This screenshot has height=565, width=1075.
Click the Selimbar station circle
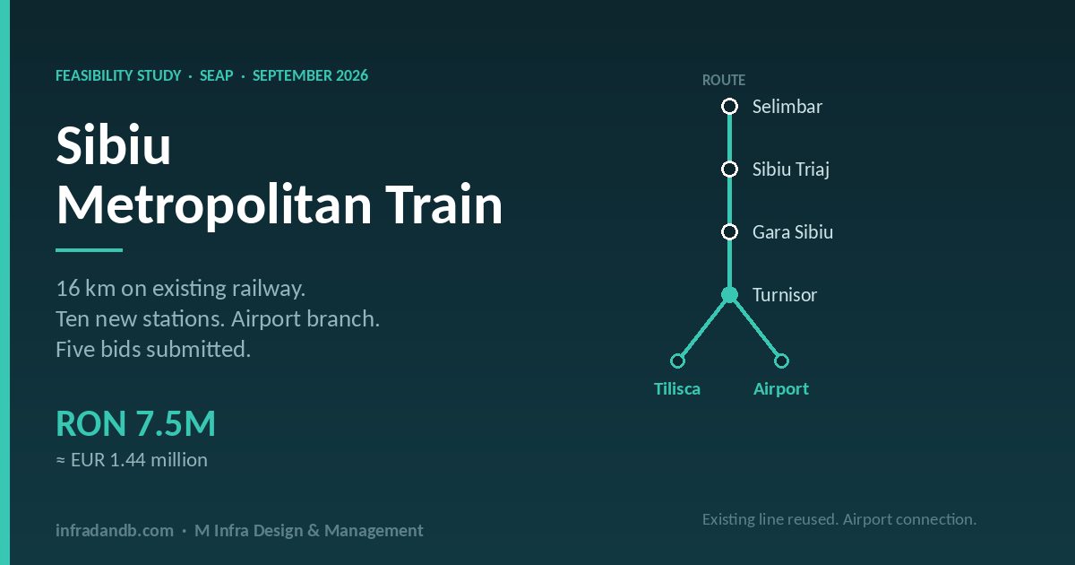[x=729, y=100]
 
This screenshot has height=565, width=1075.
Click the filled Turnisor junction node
[x=729, y=295]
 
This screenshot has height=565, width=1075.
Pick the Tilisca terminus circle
[x=677, y=355]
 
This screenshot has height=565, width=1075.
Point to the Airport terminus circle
[x=781, y=355]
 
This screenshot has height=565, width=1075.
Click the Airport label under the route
[x=781, y=388]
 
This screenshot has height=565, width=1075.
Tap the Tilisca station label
[x=677, y=388]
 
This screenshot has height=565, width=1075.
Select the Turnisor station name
[x=784, y=295]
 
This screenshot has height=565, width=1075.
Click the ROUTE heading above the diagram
[x=724, y=80]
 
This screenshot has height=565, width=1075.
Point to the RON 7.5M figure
[x=136, y=423]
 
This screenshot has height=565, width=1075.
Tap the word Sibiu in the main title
[x=113, y=144]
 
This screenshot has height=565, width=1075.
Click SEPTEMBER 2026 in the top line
[x=310, y=75]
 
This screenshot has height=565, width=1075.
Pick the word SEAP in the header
[x=217, y=75]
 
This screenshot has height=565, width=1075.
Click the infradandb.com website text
[x=115, y=530]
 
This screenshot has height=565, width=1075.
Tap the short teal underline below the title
[x=90, y=250]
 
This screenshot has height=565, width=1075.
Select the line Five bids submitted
[x=153, y=349]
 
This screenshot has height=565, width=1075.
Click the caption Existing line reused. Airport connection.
[x=839, y=519]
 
